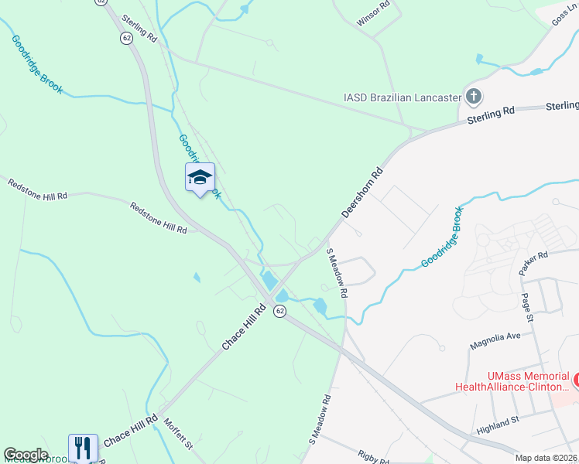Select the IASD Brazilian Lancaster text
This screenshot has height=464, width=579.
(402, 98)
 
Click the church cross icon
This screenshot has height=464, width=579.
(474, 97)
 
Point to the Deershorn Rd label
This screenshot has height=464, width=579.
(363, 192)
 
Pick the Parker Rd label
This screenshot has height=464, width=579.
(533, 264)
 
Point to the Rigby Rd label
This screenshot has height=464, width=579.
(373, 457)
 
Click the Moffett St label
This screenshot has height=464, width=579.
(178, 434)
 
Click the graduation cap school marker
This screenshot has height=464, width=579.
(200, 178)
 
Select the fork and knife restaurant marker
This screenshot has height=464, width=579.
(84, 448)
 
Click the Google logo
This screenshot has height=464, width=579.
(26, 455)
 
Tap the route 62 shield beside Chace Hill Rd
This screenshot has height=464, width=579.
(279, 310)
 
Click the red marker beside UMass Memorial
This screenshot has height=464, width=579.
(575, 380)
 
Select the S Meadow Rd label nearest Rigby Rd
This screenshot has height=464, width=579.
(320, 419)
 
